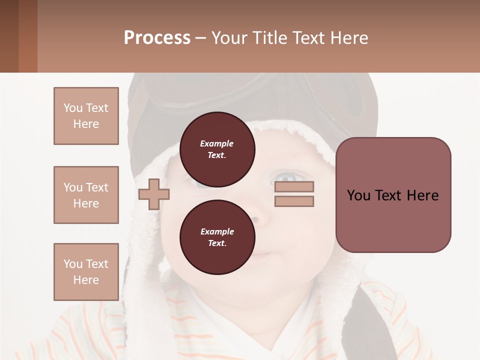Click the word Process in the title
pos(157,38)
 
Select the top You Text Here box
pos(86,116)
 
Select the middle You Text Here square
pos(86,195)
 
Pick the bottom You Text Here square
pos(86,272)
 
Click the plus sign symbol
pos(154,194)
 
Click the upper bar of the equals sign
pos(294,187)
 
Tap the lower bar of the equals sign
pos(294,201)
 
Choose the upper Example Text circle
pos(217,149)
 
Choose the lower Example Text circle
pos(217,237)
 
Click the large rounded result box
pos(393,195)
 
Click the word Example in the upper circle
pos(217,143)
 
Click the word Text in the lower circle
pos(216,243)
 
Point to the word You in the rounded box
pos(358,195)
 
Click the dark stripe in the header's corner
pos(9,36)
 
